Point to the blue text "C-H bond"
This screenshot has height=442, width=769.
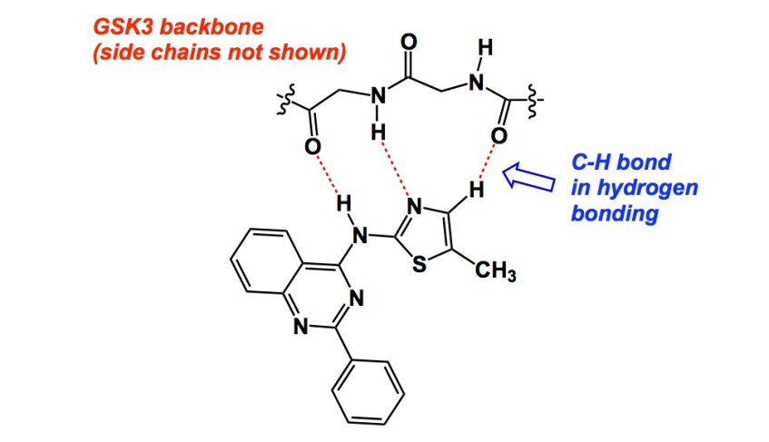coord(621,163)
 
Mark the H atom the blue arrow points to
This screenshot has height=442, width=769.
coord(475,191)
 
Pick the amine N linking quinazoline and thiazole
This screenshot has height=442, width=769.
coord(360,238)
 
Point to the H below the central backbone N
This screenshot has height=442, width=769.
coord(377,133)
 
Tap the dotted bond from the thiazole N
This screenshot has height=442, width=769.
coord(396,170)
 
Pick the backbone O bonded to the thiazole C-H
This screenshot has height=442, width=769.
coord(498,137)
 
